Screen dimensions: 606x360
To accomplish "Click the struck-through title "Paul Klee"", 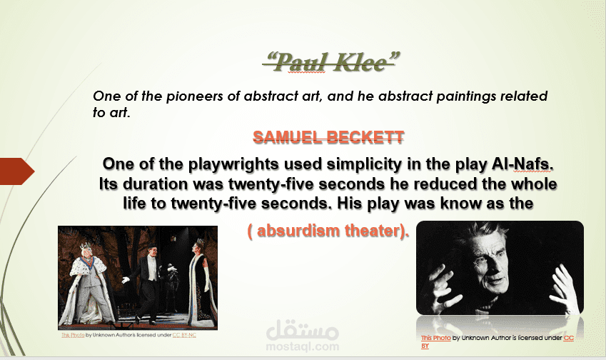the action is coord(330,63).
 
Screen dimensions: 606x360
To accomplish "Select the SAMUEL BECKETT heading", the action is coord(328,137).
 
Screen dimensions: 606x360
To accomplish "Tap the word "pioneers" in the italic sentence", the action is coord(194,96).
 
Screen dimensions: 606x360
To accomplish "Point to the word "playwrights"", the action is coord(233,164).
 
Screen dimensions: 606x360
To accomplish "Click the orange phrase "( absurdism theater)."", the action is coord(328,231).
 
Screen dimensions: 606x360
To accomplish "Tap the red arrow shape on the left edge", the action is coord(17,171).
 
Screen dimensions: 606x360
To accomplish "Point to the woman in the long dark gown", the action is coord(199,282).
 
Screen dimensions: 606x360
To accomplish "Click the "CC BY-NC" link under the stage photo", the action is coord(184,335).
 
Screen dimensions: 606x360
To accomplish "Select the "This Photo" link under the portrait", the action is coord(436,338).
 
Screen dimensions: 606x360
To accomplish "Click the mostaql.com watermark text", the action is coord(302,346).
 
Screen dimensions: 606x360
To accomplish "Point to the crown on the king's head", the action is coord(86,246).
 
